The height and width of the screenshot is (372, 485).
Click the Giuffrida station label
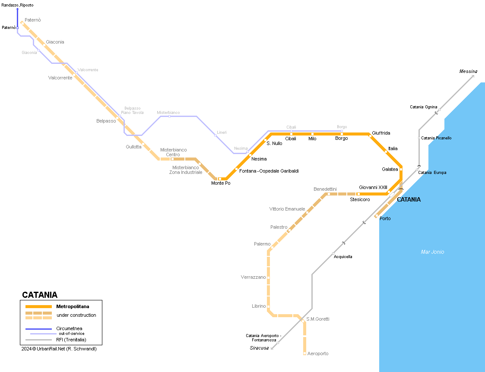pos(381,133)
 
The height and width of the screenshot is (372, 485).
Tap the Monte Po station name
pos(221,183)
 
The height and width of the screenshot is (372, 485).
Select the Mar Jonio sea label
pos(432,252)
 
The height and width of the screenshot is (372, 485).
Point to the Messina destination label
pos(468,71)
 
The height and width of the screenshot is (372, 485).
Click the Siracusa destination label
pos(259,348)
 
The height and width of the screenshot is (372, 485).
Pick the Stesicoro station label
pos(360,199)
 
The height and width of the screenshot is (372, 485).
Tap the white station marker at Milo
pos(312,134)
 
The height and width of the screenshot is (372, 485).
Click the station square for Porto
pos(377,216)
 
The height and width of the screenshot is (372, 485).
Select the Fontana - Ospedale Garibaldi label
pos(269,171)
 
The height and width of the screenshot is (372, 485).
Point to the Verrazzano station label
pos(253,277)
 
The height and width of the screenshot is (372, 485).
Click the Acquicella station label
pos(343,256)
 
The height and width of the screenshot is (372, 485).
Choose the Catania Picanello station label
pos(436,138)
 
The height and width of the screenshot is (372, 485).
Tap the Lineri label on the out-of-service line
pos(222,132)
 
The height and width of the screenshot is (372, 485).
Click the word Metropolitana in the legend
pos(73,306)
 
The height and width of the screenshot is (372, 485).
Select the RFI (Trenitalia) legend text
pos(71,340)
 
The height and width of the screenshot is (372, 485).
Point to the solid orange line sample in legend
pos(38,306)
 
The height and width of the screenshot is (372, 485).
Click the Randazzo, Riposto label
pos(17,5)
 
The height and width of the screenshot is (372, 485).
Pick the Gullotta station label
pos(133,147)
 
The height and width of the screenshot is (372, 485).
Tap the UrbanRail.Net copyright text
pos(59,349)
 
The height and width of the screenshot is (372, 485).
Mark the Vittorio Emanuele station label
pos(287,209)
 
